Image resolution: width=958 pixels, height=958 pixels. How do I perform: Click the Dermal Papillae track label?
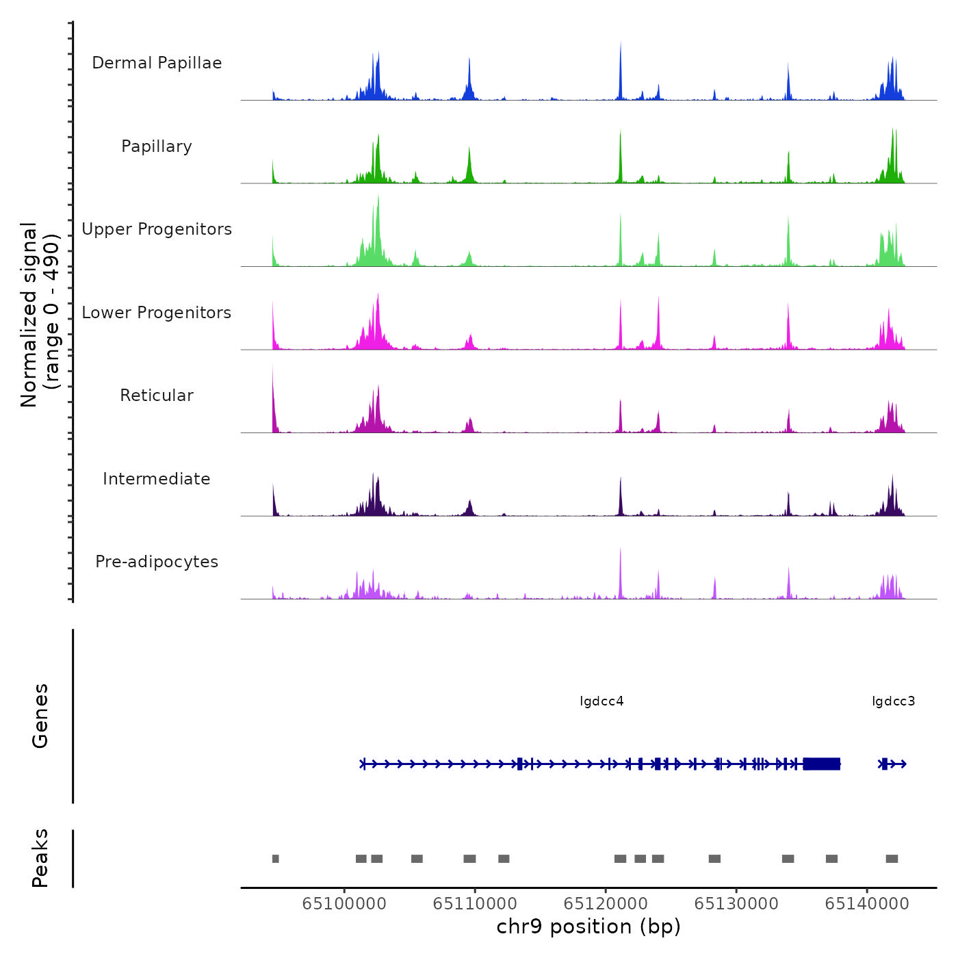click(x=157, y=63)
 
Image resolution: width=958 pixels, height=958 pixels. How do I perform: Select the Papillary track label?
click(x=157, y=146)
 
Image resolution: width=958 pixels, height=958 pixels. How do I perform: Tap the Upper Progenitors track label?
click(x=157, y=229)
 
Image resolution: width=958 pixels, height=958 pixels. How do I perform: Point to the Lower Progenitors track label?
click(x=157, y=313)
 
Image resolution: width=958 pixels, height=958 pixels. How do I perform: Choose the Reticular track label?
click(x=157, y=396)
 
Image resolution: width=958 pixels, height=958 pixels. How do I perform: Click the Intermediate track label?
click(x=157, y=479)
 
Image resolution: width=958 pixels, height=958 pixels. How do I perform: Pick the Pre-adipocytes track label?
click(x=157, y=562)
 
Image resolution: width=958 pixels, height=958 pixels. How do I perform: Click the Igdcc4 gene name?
click(x=601, y=701)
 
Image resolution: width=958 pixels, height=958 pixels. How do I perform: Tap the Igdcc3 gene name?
click(x=893, y=701)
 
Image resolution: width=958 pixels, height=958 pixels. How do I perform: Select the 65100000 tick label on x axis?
click(x=344, y=904)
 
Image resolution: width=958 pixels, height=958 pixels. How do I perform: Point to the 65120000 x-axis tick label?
click(x=606, y=904)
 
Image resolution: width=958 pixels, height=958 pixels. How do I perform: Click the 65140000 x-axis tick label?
click(x=867, y=904)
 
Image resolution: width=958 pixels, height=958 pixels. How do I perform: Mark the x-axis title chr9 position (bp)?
click(x=588, y=927)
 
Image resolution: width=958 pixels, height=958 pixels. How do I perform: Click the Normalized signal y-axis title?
click(x=40, y=314)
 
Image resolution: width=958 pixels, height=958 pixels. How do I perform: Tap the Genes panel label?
click(x=40, y=716)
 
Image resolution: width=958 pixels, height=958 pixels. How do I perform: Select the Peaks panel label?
click(x=40, y=858)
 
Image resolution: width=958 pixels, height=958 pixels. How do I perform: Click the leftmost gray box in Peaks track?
click(x=276, y=859)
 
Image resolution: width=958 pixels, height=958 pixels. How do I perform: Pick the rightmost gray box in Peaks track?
click(x=892, y=859)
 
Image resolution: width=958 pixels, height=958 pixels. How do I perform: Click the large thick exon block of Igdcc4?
click(x=822, y=764)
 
